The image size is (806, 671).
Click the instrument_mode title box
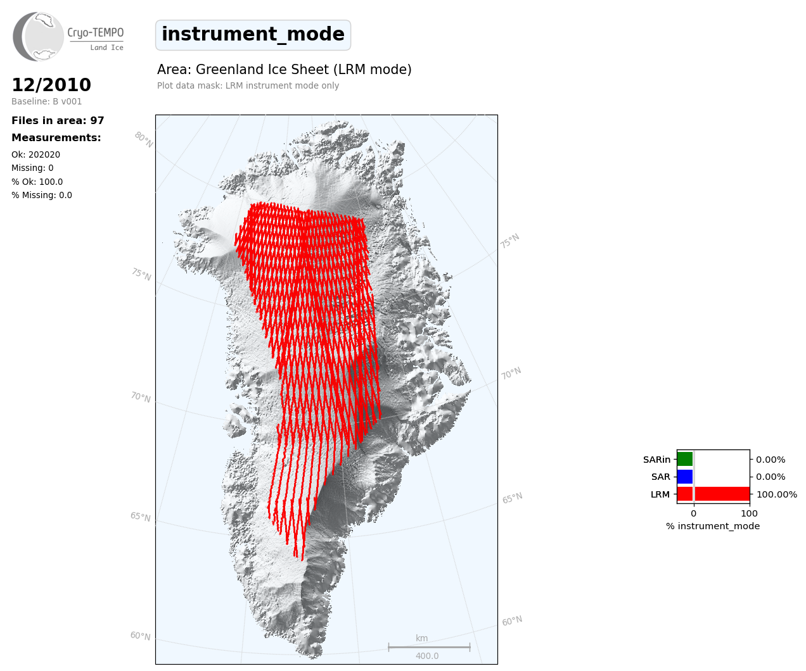[x=253, y=35]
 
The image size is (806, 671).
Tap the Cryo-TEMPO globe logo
[x=38, y=36]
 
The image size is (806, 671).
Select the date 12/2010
[x=51, y=85]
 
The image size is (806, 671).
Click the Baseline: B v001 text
[x=47, y=101]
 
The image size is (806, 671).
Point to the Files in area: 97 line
[x=58, y=121]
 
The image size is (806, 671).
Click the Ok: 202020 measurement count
[x=36, y=154]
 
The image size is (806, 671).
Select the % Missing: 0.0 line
[x=42, y=195]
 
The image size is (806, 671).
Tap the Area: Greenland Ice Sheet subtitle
[x=285, y=70]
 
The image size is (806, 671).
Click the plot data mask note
[x=248, y=85]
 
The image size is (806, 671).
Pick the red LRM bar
[x=713, y=494]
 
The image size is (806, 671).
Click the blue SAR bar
[x=685, y=477]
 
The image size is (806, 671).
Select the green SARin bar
[x=685, y=460]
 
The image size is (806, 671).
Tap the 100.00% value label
[x=777, y=494]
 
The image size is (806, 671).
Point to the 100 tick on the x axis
[x=749, y=513]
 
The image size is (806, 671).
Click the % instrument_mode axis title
[x=713, y=527]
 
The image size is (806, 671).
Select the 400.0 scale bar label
[x=427, y=656]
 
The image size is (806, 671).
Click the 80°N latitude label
[x=144, y=140]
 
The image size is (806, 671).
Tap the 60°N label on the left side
[x=141, y=636]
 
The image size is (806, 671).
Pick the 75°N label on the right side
[x=510, y=241]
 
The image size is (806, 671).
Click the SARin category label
[x=656, y=460]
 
